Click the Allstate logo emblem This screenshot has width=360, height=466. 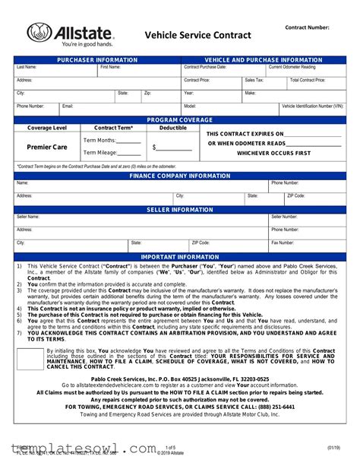click(40, 33)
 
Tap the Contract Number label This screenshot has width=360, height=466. click(307, 27)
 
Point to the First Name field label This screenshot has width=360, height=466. click(110, 68)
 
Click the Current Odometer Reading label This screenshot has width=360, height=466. click(292, 68)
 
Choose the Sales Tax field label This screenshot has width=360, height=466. click(254, 80)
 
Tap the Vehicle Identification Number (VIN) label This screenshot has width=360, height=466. click(312, 106)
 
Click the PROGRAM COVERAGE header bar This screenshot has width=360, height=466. click(179, 120)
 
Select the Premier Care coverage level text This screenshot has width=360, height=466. click(47, 147)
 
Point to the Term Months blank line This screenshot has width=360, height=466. click(128, 141)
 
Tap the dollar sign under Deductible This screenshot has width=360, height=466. click(154, 147)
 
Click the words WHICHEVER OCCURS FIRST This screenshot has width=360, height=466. click(274, 153)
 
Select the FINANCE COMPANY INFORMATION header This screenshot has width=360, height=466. click(179, 176)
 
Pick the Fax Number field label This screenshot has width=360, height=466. click(283, 243)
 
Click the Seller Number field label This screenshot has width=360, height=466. click(285, 217)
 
